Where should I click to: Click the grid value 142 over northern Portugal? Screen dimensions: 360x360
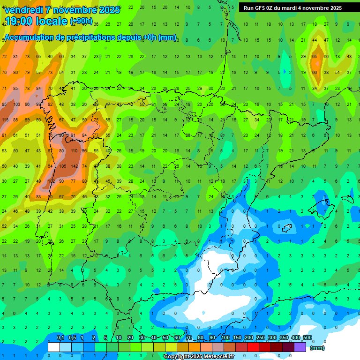tap(74, 166)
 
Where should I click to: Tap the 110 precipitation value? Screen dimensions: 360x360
tap(74, 151)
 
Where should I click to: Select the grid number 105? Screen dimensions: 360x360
tap(62, 166)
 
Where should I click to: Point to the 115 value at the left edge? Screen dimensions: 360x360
tap(5, 120)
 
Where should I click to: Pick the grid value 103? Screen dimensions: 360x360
tap(16, 104)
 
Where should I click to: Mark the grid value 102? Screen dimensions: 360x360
tap(51, 181)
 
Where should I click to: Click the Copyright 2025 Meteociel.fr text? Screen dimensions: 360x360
tap(199, 357)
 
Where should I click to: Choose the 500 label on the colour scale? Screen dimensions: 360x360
tap(307, 338)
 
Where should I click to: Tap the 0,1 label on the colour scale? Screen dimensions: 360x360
tap(60, 338)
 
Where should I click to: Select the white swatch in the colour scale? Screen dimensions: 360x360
tap(54, 347)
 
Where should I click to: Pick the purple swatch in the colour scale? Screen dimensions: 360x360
tap(300, 347)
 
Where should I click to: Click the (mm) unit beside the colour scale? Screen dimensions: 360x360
tap(317, 348)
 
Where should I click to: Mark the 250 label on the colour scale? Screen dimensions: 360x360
tap(261, 338)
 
